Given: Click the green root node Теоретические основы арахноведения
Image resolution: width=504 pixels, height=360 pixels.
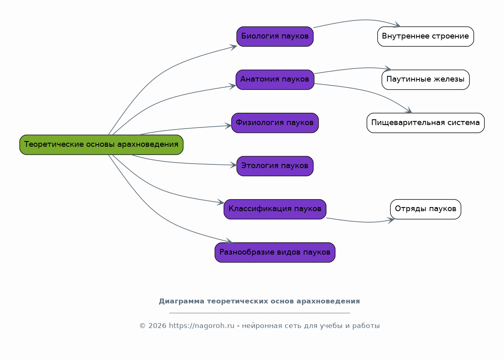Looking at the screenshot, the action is coord(101,145).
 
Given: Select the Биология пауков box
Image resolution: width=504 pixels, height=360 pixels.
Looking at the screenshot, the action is coord(275,36).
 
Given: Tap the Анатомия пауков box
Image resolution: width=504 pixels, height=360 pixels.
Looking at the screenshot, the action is coord(275,80).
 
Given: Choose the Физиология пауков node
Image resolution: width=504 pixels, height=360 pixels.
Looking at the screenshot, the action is coord(275,123).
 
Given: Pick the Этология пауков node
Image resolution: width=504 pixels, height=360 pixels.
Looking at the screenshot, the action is coord(275,166).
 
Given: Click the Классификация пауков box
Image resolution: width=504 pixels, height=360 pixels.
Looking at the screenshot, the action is coord(275,209).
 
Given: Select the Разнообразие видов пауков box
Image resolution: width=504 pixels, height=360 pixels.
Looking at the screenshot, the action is coord(275,253).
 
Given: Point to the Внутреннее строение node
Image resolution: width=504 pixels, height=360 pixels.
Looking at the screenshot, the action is coord(426,36).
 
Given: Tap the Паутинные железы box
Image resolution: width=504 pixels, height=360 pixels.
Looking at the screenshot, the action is coord(426,80).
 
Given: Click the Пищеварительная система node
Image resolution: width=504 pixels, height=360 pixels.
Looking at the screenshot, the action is coord(426,123).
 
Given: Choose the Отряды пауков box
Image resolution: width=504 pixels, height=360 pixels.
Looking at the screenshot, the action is coord(426,209).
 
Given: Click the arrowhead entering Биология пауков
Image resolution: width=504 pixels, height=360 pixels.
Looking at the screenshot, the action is coord(234,47).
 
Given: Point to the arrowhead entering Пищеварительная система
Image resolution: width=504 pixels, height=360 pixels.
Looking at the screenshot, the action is coord(409,110).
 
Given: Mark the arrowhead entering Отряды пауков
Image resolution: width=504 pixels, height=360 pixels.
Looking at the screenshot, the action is coord(392,220).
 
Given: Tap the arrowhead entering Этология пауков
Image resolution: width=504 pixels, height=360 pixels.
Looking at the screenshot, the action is coord(234,165).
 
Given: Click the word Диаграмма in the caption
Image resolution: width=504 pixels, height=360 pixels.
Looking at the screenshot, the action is coord(182,301).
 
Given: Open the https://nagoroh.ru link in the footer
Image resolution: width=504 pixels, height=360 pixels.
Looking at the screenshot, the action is coord(202,326).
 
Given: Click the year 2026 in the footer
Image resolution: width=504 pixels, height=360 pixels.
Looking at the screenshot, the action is coord(157,326).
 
